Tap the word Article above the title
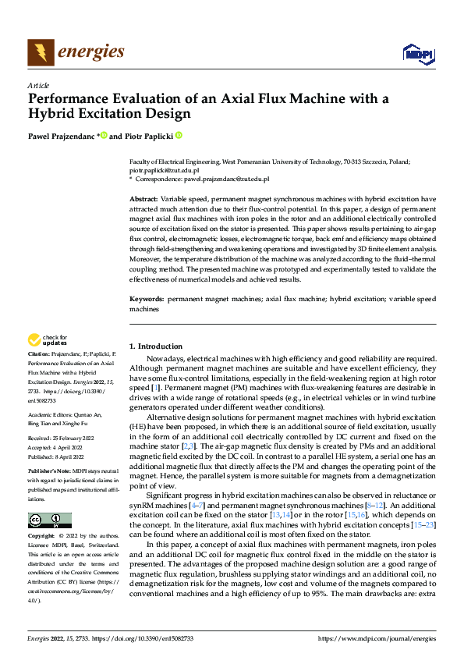(x=38, y=85)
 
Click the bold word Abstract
(x=143, y=200)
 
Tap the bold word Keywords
(x=146, y=300)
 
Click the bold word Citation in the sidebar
(x=39, y=356)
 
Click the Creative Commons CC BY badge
(x=49, y=520)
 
